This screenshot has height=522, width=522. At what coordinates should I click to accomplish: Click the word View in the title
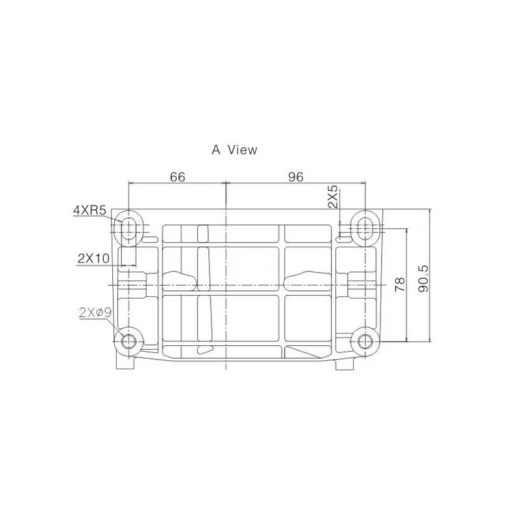242,150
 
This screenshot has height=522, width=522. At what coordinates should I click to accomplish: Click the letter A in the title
216,150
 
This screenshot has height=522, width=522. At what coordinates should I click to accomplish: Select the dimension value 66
177,177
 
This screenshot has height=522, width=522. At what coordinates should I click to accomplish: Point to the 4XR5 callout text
90,210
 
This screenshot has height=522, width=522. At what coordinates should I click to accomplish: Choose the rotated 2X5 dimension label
333,197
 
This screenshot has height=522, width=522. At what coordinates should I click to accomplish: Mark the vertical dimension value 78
399,284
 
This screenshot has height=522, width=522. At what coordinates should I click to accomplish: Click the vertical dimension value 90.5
422,278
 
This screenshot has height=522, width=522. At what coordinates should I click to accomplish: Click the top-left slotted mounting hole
129,227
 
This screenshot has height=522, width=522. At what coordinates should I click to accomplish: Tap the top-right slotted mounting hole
366,227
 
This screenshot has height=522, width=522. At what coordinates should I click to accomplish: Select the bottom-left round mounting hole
128,341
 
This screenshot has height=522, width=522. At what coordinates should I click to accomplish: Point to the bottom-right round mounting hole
366,341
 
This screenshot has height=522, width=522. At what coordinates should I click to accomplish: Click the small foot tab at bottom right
343,363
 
